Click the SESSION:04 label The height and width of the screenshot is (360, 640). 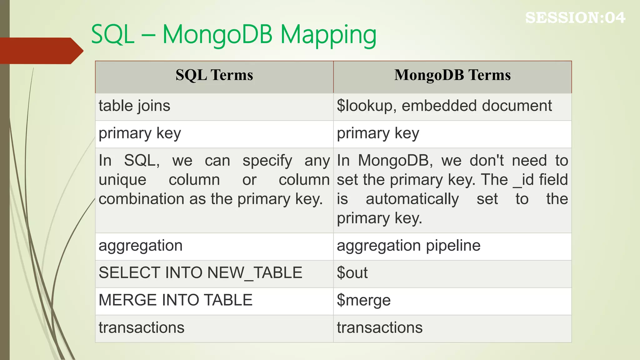pyautogui.click(x=575, y=17)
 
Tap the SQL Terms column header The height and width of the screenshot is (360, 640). pyautogui.click(x=214, y=75)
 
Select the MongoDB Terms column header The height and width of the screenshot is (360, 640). pyautogui.click(x=452, y=75)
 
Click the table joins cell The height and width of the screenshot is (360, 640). pyautogui.click(x=134, y=106)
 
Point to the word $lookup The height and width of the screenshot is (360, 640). pyautogui.click(x=364, y=106)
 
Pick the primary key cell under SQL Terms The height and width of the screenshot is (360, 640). pyautogui.click(x=140, y=134)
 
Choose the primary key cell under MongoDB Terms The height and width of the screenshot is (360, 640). pyautogui.click(x=378, y=134)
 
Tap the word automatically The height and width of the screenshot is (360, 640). pyautogui.click(x=412, y=199)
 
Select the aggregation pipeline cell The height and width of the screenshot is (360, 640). pyautogui.click(x=408, y=246)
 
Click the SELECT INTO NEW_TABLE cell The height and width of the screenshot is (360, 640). pyautogui.click(x=200, y=273)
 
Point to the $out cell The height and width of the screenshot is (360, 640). pyautogui.click(x=352, y=273)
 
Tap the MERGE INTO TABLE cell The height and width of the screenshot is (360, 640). pyautogui.click(x=175, y=300)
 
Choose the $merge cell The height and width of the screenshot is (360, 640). pyautogui.click(x=363, y=300)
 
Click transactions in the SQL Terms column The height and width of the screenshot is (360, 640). pyautogui.click(x=141, y=328)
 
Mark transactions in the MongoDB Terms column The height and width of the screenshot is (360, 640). pyautogui.click(x=379, y=328)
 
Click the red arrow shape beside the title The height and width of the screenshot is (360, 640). pyautogui.click(x=41, y=51)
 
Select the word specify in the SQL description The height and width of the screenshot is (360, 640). pyautogui.click(x=267, y=161)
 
